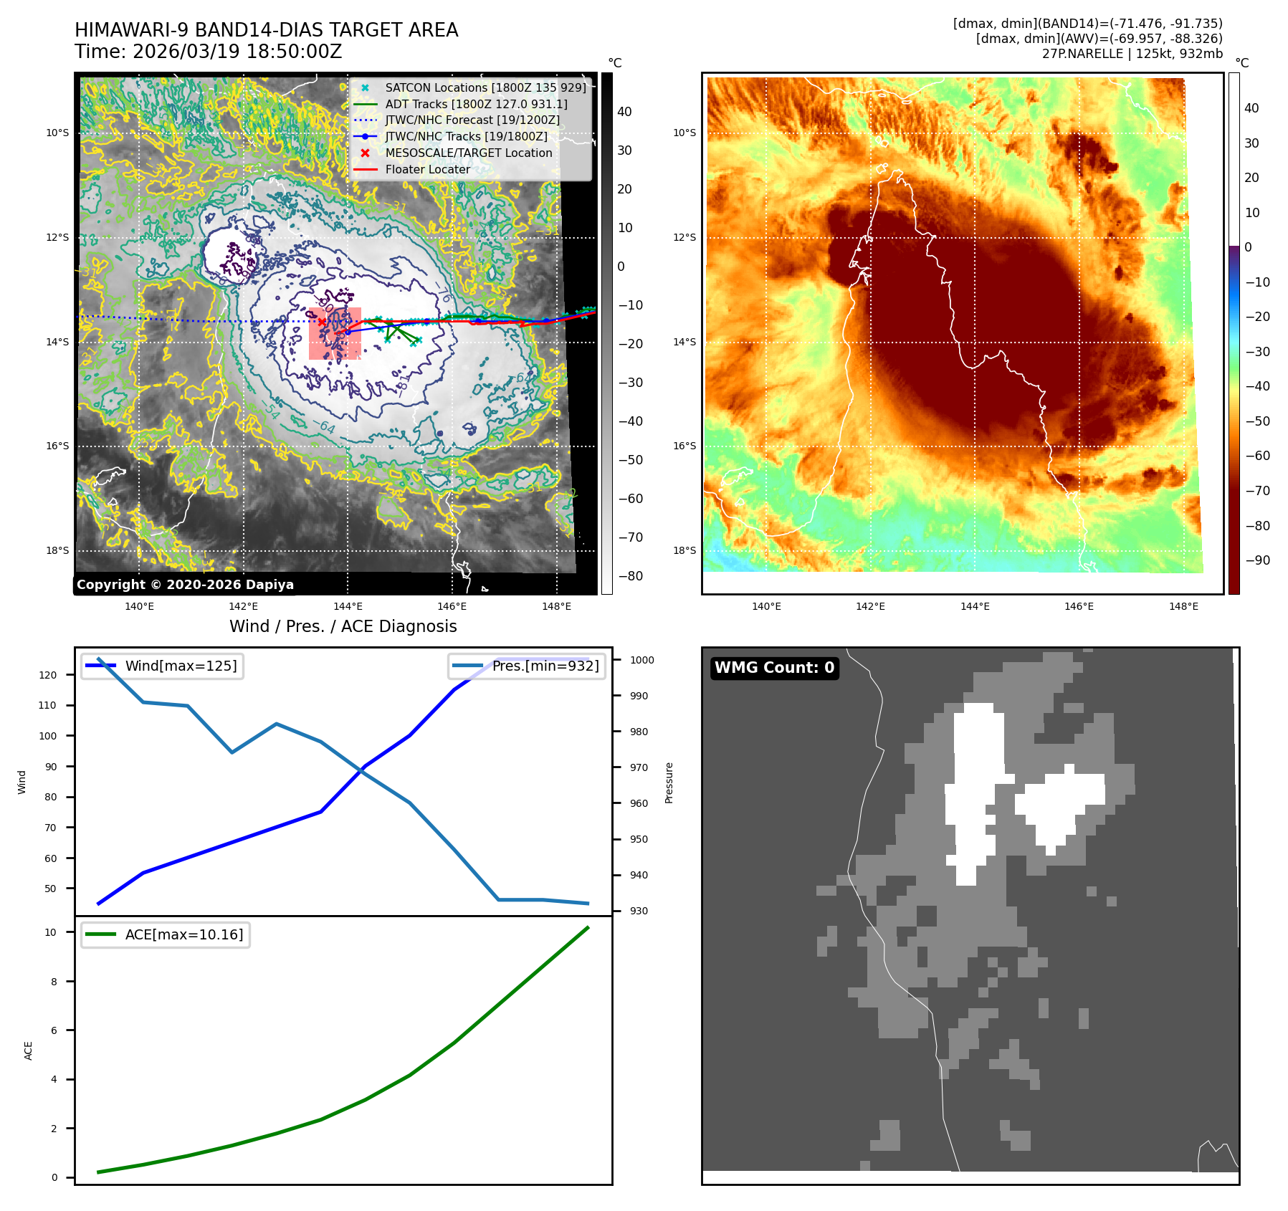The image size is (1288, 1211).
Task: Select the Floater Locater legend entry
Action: (427, 169)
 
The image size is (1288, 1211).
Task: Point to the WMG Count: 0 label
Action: (774, 668)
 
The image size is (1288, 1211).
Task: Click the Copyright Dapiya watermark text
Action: (185, 585)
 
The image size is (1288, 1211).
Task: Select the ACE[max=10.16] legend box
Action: (166, 934)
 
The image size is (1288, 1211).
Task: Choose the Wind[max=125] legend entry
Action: (163, 666)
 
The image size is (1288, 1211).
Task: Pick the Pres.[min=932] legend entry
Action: (528, 666)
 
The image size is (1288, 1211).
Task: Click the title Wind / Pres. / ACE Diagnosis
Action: (343, 626)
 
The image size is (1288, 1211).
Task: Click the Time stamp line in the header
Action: (209, 52)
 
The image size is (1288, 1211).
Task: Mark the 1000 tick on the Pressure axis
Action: (642, 660)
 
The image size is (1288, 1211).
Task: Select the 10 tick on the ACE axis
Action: (51, 932)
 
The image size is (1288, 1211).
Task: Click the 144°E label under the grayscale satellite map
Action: (348, 606)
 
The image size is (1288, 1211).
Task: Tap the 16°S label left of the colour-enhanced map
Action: (684, 446)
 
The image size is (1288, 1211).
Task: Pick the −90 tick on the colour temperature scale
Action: (1258, 560)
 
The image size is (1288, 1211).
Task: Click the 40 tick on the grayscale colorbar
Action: (624, 112)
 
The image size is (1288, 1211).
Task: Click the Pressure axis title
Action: (669, 782)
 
